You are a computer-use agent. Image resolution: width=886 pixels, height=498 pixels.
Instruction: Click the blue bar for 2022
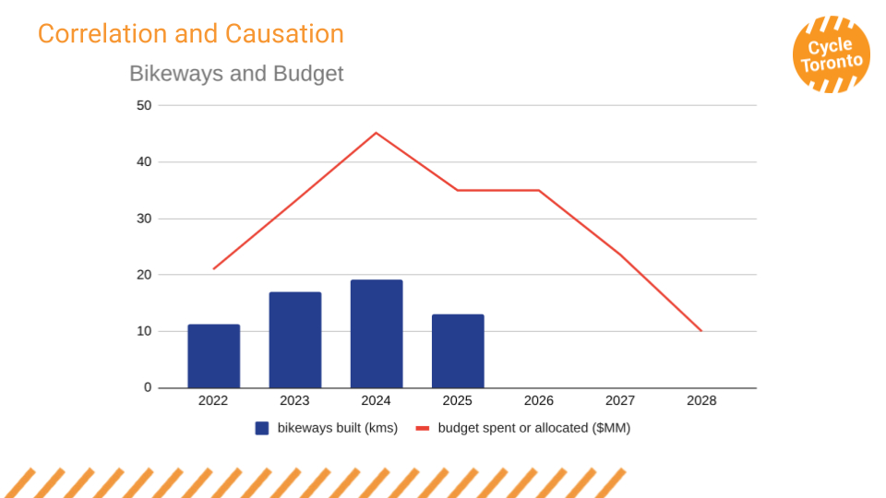click(213, 356)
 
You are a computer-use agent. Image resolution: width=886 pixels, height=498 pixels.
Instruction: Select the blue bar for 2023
click(295, 339)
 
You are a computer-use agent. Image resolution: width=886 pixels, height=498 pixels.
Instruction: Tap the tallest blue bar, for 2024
click(377, 334)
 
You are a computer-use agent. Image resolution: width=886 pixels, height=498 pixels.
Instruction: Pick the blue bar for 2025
click(458, 350)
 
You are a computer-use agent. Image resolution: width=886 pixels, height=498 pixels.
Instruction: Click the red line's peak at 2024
click(376, 133)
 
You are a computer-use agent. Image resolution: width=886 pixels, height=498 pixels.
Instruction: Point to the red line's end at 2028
click(701, 331)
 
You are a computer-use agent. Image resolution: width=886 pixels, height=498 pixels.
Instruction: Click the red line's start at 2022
click(213, 269)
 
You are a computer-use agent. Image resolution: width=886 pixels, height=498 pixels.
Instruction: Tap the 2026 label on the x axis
click(539, 401)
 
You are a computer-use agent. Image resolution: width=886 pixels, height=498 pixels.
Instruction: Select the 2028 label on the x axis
click(701, 401)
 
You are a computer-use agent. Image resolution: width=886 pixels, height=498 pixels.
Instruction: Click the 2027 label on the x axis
click(620, 401)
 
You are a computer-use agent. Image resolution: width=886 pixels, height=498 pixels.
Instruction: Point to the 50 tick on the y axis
click(144, 105)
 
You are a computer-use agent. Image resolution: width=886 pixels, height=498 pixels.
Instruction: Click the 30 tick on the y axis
click(144, 219)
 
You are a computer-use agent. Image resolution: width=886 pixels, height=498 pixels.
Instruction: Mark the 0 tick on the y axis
click(148, 387)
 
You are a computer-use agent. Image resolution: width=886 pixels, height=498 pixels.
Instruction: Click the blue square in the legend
click(262, 428)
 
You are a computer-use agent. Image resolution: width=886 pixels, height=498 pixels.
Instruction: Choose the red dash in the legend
click(423, 428)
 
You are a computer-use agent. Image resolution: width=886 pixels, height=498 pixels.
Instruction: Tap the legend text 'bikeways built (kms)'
click(337, 428)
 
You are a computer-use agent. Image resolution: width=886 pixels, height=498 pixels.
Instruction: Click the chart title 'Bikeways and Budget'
click(236, 74)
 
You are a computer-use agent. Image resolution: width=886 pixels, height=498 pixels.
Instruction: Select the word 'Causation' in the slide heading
click(285, 34)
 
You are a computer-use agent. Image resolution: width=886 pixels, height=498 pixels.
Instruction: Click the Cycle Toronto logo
click(832, 54)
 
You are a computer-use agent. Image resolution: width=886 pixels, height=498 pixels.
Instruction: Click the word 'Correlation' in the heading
click(102, 34)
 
